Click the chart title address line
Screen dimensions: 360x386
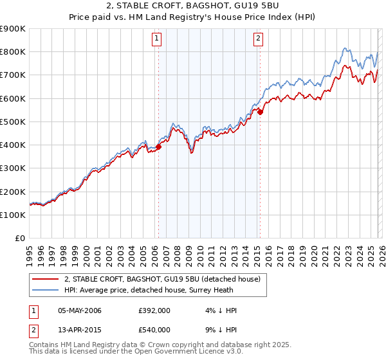click(x=192, y=7)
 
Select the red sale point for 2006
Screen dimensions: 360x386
click(x=158, y=147)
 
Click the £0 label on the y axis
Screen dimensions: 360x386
click(x=21, y=239)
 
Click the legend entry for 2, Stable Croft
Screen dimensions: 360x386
click(x=161, y=279)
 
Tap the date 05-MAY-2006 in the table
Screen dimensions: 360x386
click(x=80, y=310)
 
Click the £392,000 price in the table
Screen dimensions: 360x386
click(x=154, y=310)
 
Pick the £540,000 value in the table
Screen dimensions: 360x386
click(x=154, y=330)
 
